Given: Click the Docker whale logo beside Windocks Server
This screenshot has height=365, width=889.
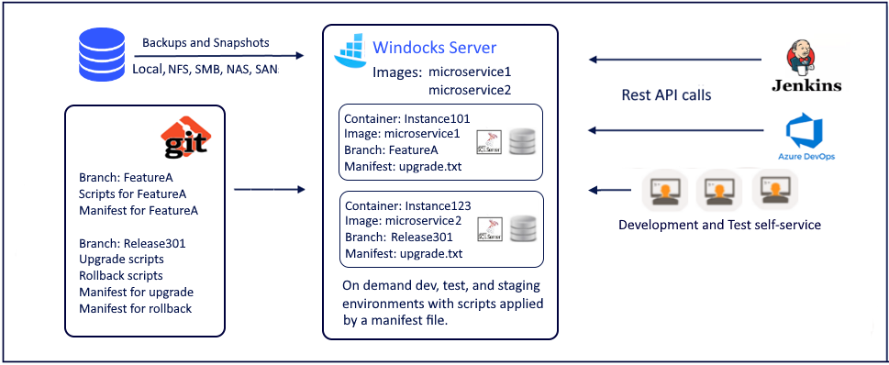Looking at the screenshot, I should point(349,51).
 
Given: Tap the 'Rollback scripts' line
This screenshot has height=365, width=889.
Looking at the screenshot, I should point(122,275).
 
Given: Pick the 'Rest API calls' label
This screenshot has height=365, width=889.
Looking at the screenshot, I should point(667,94).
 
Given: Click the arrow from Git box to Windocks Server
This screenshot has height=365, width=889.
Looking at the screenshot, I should point(269,190).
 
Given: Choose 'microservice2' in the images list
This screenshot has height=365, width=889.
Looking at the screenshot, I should point(470,90).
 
